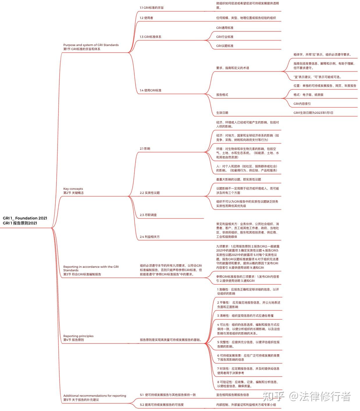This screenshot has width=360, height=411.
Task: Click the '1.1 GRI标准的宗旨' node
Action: (152, 8)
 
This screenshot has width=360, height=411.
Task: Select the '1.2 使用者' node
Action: (146, 18)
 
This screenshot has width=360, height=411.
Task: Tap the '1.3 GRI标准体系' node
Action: (150, 37)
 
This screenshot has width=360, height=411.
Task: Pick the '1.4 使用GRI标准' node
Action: (150, 90)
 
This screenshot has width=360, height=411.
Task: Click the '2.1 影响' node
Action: (145, 148)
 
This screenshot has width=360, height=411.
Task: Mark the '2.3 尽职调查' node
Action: (148, 215)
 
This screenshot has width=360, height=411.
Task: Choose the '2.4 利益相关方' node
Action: (149, 237)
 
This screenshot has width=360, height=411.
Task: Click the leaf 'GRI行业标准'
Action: (224, 37)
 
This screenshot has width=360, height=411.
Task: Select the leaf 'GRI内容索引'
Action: (302, 104)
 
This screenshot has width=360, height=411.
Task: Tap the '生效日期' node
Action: (222, 113)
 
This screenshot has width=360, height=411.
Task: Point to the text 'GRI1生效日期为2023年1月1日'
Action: (313, 113)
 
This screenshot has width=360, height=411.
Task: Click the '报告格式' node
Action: (222, 95)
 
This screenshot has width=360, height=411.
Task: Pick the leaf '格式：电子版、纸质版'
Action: (308, 95)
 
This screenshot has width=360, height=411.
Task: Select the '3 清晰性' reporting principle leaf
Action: (245, 316)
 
